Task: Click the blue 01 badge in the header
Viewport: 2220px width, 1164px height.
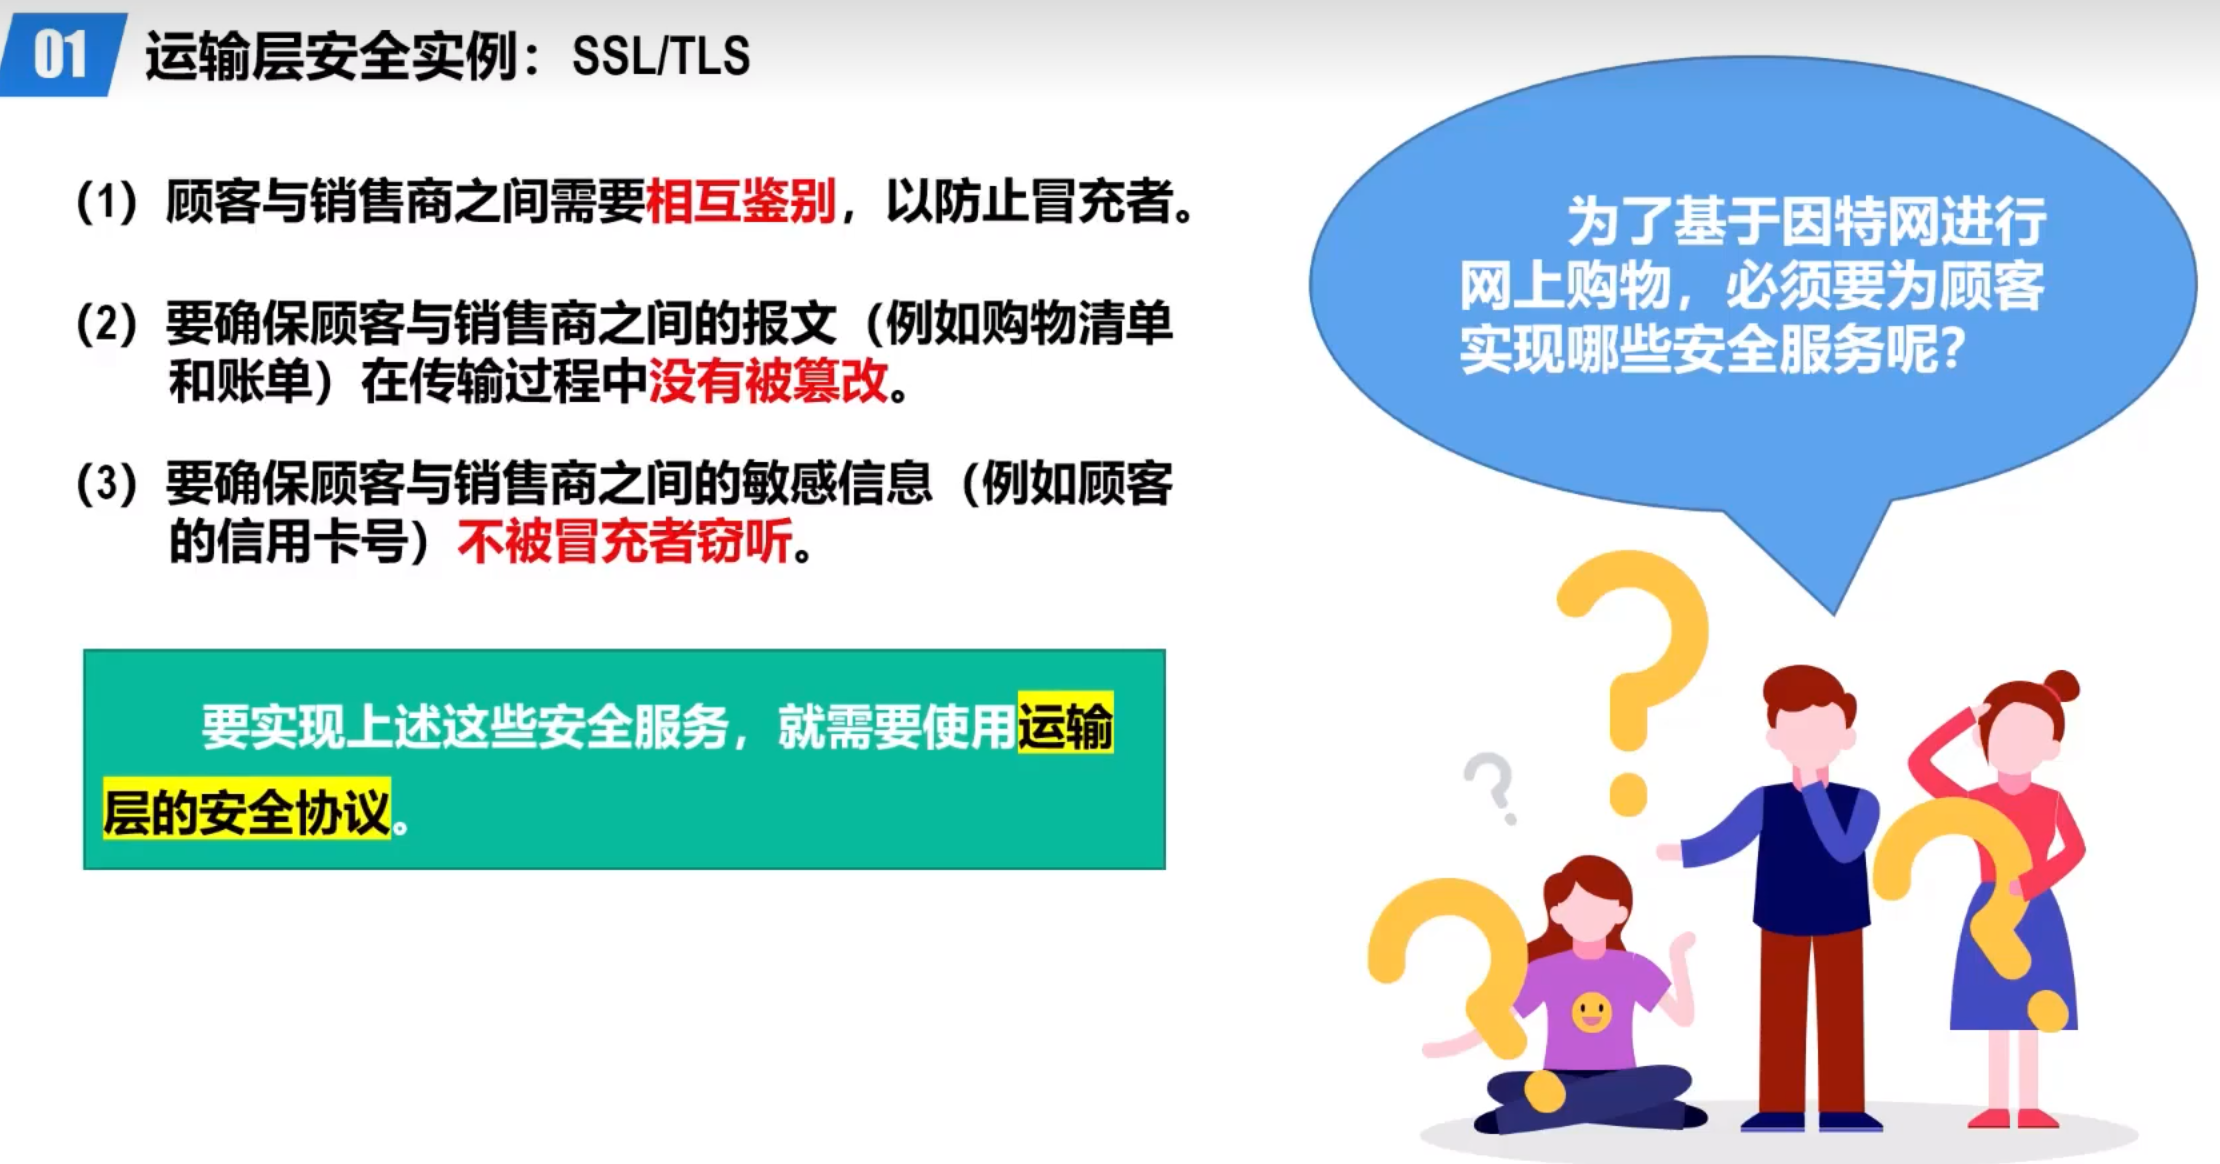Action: [x=62, y=54]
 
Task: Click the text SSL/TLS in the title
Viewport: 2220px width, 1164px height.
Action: [x=661, y=56]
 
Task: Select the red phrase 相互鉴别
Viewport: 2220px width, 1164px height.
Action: [x=741, y=201]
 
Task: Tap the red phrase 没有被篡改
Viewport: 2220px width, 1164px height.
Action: [x=768, y=381]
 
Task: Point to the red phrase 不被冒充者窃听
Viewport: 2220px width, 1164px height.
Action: [x=625, y=542]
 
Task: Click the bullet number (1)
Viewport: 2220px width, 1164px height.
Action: [x=107, y=202]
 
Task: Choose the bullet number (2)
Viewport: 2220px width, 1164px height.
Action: [x=107, y=324]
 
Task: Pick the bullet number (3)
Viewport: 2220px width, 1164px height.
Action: [x=107, y=484]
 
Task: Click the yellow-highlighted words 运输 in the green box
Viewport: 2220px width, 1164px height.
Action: [x=1065, y=724]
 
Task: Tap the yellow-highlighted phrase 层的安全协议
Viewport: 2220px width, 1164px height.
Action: [x=247, y=810]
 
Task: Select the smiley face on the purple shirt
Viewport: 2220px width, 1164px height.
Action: [x=1591, y=1012]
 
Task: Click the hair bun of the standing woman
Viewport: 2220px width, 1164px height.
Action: [x=2062, y=687]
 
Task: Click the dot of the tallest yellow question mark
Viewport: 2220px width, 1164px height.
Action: [x=1628, y=794]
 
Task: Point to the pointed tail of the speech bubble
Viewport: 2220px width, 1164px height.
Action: [x=1834, y=613]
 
